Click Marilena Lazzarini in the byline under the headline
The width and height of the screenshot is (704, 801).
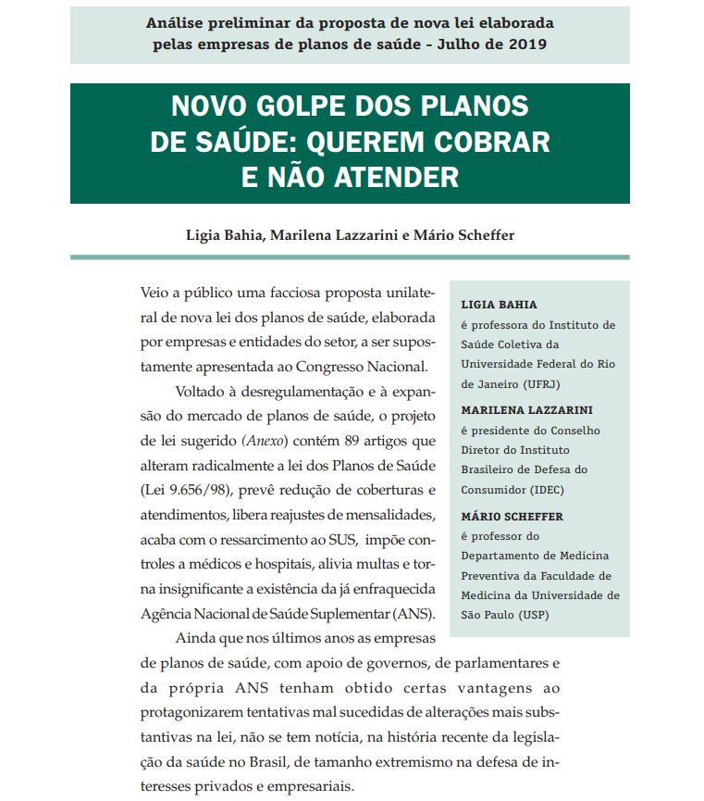click(340, 235)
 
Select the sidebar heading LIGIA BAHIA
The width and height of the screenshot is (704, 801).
click(499, 304)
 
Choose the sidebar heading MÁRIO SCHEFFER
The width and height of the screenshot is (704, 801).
click(512, 516)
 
